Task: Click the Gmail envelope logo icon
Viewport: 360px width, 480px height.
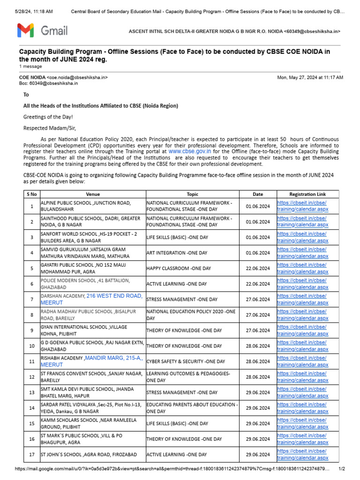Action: pos(26,31)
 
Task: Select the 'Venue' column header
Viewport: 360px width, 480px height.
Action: pos(93,194)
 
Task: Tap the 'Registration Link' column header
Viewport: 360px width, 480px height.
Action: pos(307,194)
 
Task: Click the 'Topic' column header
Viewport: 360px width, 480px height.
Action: pos(192,194)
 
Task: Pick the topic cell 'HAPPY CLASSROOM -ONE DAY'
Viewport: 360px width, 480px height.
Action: pos(177,268)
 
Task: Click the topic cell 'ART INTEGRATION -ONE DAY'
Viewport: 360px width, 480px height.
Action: pos(177,253)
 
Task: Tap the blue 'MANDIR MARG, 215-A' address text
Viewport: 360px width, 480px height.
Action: pos(113,358)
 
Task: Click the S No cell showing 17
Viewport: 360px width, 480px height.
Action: pos(32,454)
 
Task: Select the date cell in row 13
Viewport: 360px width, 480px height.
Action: pos(257,392)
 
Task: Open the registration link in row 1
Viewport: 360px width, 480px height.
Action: pos(302,206)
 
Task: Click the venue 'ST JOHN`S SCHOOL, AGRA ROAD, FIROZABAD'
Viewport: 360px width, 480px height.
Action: pos(89,454)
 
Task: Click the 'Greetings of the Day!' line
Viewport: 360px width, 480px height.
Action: pos(48,116)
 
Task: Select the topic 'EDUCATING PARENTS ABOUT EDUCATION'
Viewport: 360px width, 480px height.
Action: pos(192,408)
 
